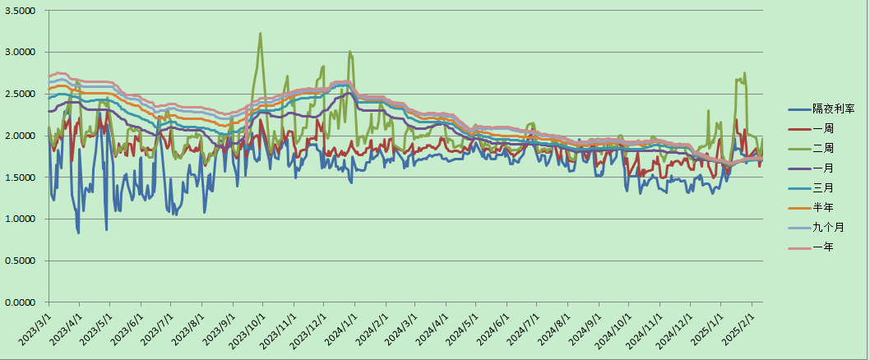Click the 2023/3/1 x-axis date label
[x=32, y=330]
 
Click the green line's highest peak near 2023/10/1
[x=261, y=34]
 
